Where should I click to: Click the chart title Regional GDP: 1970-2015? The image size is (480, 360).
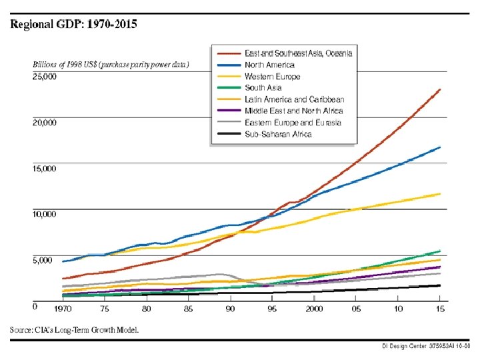73,25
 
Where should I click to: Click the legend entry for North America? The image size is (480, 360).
269,65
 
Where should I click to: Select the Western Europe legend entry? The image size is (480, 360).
273,77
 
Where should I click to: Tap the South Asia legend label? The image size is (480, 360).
263,88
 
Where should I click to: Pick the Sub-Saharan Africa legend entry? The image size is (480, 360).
278,135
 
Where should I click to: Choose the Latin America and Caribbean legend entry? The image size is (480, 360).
294,99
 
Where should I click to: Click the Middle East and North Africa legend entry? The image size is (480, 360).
294,111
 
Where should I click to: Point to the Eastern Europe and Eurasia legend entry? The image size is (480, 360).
293,123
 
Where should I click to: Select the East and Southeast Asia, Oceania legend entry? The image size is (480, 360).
298,53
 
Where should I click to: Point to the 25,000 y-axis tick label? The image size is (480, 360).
45,77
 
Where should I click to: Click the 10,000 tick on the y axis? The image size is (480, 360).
45,214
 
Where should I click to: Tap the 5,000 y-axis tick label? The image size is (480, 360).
43,260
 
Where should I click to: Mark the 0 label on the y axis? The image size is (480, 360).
35,307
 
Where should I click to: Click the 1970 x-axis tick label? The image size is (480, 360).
63,309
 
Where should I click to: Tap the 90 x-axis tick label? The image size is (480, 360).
230,309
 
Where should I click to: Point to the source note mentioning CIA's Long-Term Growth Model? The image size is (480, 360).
74,331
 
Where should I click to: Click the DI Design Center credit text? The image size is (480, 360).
426,347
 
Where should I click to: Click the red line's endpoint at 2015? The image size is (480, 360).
439,89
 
